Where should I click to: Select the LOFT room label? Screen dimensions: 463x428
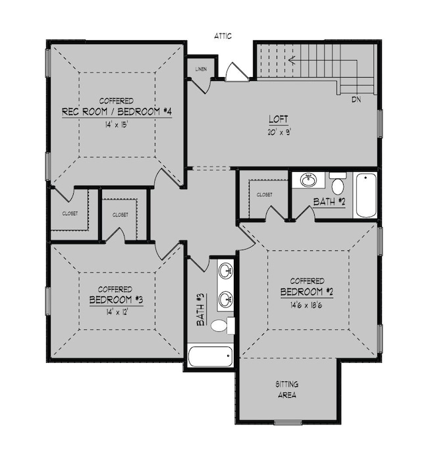(x=278, y=120)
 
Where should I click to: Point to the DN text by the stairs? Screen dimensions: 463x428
(x=356, y=99)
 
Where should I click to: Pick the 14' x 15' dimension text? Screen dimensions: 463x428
(x=116, y=124)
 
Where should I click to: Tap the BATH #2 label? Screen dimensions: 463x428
(x=329, y=202)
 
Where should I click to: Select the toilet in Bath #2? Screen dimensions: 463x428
(x=338, y=183)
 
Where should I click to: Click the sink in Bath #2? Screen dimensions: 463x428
(x=308, y=180)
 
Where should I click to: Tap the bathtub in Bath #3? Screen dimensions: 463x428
(x=210, y=357)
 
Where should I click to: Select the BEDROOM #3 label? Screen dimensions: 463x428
(x=116, y=300)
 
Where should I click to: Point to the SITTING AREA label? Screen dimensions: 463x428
(x=286, y=389)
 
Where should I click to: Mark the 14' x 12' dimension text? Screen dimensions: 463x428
(x=115, y=312)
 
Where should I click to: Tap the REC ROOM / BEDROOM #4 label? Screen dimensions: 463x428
(x=117, y=112)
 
